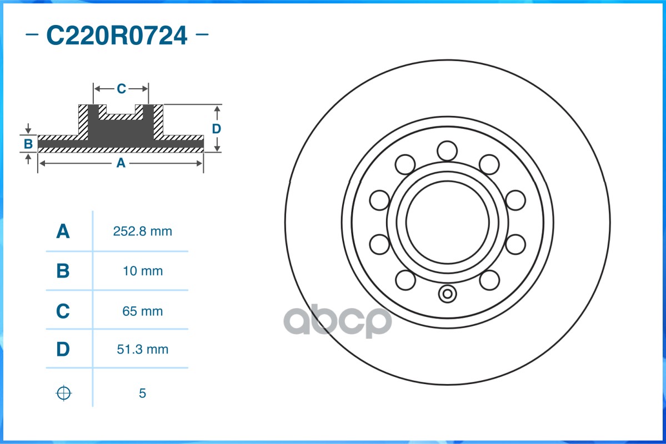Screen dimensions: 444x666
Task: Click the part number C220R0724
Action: pyautogui.click(x=117, y=36)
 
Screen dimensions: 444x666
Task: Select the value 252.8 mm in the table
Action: pyautogui.click(x=143, y=231)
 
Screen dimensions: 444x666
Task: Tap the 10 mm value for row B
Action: pyautogui.click(x=143, y=271)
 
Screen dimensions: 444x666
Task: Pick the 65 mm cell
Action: pyautogui.click(x=143, y=311)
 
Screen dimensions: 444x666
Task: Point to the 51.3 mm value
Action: pyautogui.click(x=143, y=350)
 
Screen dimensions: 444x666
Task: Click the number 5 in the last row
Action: pyautogui.click(x=142, y=393)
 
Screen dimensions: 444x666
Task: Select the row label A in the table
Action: pyautogui.click(x=63, y=231)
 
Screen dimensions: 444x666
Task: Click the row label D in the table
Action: pyautogui.click(x=63, y=350)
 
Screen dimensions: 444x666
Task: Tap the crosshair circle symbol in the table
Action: pyautogui.click(x=64, y=393)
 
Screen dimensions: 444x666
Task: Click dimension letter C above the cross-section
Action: pyautogui.click(x=121, y=89)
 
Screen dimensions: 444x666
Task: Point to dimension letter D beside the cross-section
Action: pyautogui.click(x=217, y=129)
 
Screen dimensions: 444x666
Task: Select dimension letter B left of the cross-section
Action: pyautogui.click(x=28, y=144)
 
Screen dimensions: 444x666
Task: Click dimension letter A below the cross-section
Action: pyautogui.click(x=121, y=163)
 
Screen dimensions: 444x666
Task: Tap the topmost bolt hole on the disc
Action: pyautogui.click(x=447, y=150)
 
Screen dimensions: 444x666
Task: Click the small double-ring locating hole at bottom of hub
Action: pyautogui.click(x=447, y=294)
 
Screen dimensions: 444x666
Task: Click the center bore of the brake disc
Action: pyautogui.click(x=447, y=222)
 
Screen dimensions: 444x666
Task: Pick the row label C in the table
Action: pyautogui.click(x=63, y=311)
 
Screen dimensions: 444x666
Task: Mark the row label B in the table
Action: pyautogui.click(x=63, y=271)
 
